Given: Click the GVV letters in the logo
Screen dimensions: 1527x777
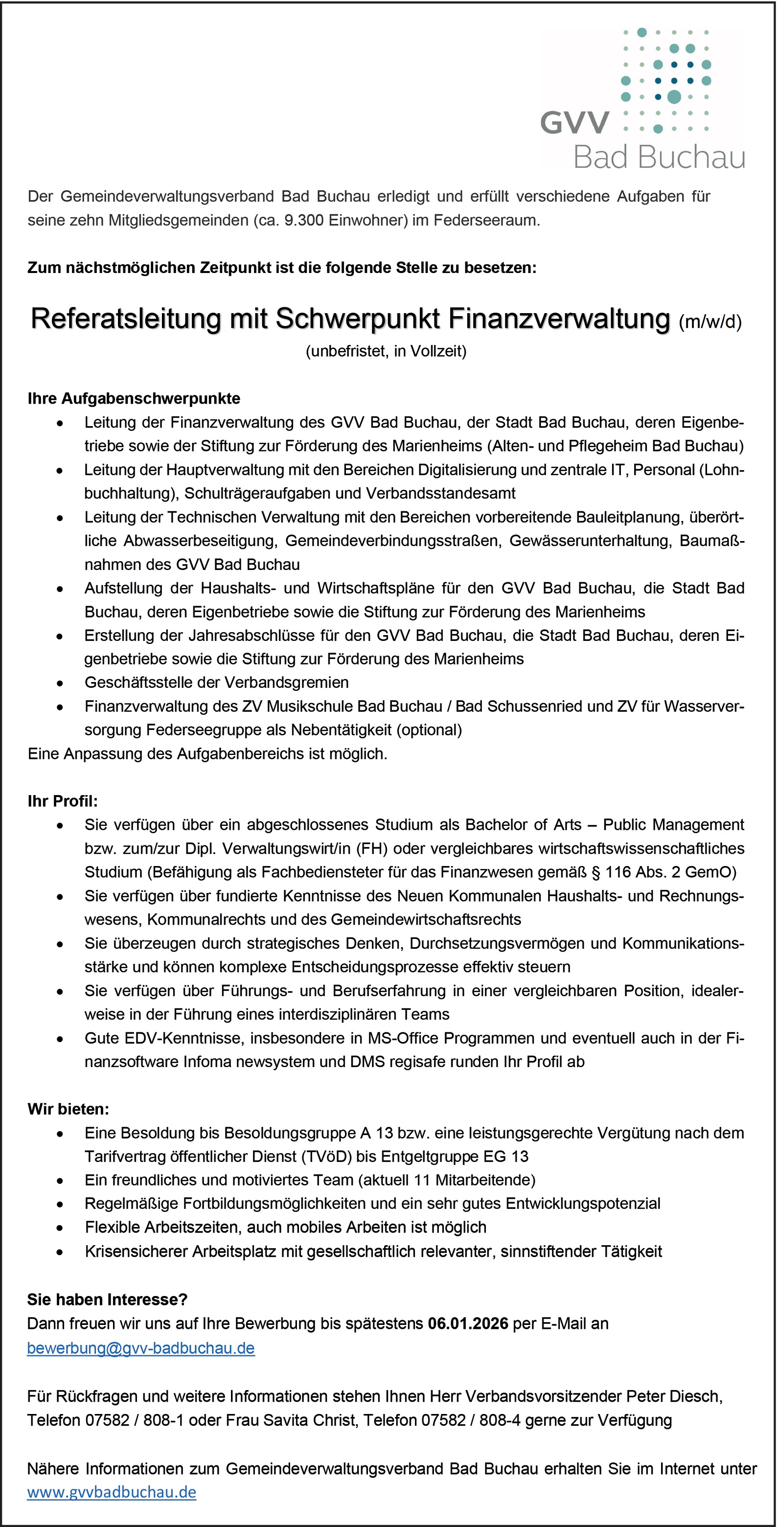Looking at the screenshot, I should pyautogui.click(x=574, y=123).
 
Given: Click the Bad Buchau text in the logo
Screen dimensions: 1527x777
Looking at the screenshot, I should pyautogui.click(x=659, y=158).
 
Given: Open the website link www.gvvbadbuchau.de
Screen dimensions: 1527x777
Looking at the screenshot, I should pyautogui.click(x=112, y=1492).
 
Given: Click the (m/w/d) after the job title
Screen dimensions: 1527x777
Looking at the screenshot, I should pyautogui.click(x=709, y=322).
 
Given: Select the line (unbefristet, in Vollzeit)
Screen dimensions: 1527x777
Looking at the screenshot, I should pyautogui.click(x=386, y=351).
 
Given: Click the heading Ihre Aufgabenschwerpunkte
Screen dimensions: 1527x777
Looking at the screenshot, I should pyautogui.click(x=134, y=398).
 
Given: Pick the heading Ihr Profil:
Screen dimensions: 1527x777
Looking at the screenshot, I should pyautogui.click(x=62, y=801).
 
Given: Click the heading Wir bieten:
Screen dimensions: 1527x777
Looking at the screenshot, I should pyautogui.click(x=68, y=1109).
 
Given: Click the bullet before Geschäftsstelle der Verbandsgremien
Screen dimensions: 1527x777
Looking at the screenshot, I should pyautogui.click(x=60, y=684).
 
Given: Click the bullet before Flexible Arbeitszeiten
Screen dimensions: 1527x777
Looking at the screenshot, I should pyautogui.click(x=60, y=1228).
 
